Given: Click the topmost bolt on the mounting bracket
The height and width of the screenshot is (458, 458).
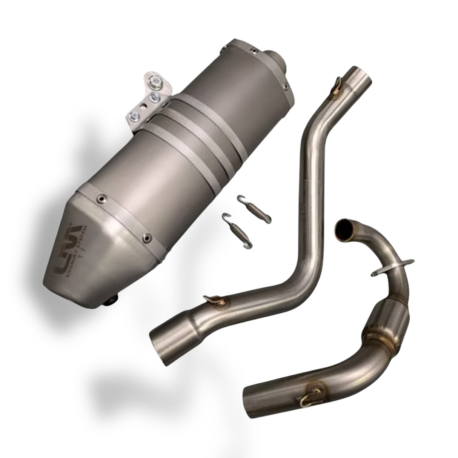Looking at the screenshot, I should coord(156,80).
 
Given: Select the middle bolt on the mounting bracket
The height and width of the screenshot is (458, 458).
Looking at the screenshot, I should coord(155,97).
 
